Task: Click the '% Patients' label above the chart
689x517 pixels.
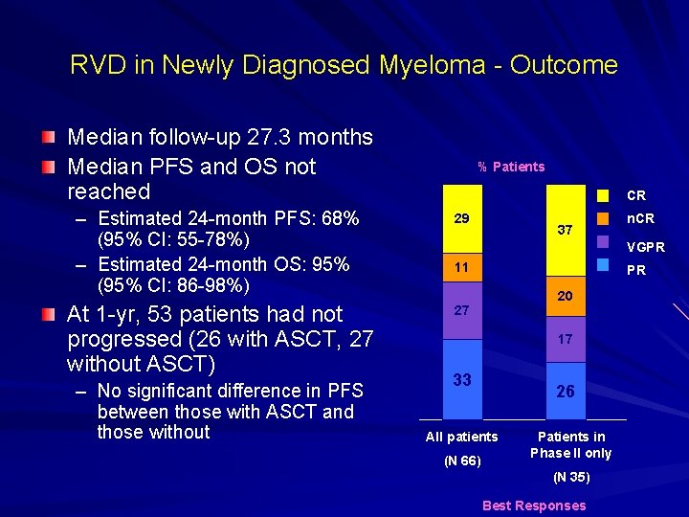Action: click(x=511, y=167)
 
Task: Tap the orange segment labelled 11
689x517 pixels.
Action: click(x=462, y=267)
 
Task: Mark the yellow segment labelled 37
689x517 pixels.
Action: click(x=565, y=239)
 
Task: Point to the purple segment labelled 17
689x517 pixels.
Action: click(x=565, y=339)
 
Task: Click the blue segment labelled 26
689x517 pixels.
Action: click(x=565, y=391)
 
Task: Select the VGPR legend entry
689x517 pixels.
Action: click(x=646, y=246)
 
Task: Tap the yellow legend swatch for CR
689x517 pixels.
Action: click(x=603, y=195)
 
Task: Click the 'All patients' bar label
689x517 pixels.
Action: click(x=461, y=437)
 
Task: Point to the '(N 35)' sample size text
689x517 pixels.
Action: click(x=572, y=476)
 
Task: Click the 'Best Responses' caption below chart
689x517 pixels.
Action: click(x=534, y=506)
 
